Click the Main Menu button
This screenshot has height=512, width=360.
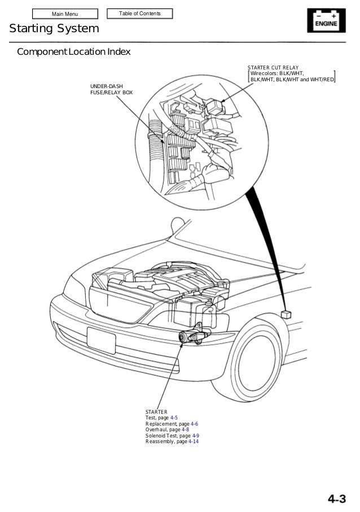click(65, 14)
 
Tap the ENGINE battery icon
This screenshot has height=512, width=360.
click(326, 20)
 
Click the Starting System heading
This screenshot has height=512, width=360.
click(54, 29)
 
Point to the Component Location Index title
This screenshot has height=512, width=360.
click(74, 52)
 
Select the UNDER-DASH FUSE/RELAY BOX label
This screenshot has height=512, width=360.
click(112, 89)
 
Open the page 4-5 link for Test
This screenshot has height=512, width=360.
click(174, 418)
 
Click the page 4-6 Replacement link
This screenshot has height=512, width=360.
click(194, 423)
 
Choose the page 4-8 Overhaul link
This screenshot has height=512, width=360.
click(185, 430)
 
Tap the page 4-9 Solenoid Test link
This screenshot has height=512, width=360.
click(195, 436)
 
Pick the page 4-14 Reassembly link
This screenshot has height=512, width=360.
click(194, 441)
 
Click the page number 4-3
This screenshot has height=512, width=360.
click(337, 498)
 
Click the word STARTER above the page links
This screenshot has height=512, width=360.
click(156, 412)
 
